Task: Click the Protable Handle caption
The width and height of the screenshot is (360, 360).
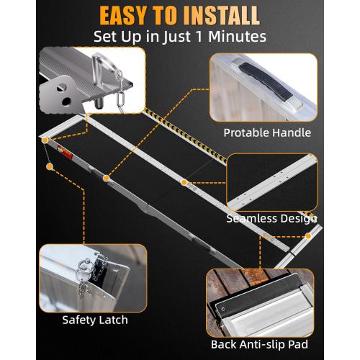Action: (x=267, y=132)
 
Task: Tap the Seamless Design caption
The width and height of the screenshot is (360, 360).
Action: (x=272, y=218)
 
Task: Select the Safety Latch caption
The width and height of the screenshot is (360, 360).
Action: (x=95, y=320)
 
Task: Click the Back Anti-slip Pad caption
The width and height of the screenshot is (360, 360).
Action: (x=261, y=344)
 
